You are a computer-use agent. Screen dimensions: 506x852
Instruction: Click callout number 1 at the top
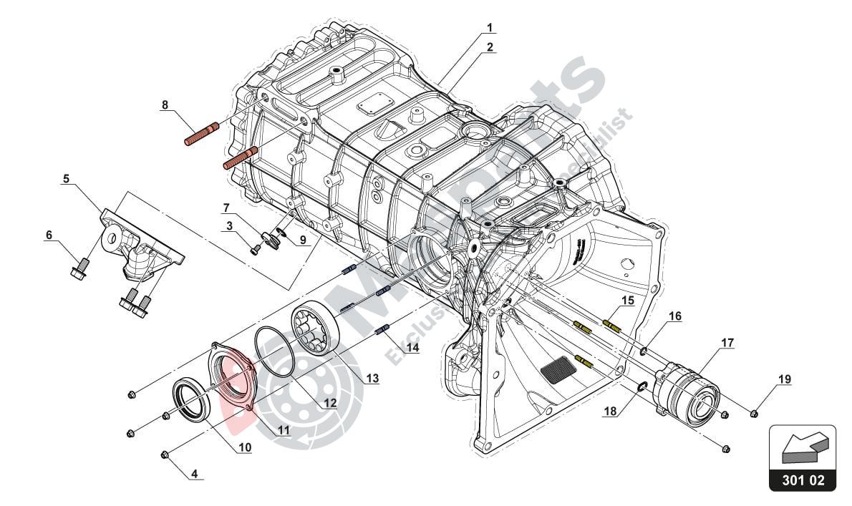point(490,28)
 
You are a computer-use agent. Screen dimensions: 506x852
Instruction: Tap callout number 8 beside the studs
point(165,104)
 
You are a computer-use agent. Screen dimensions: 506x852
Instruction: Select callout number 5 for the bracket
point(66,180)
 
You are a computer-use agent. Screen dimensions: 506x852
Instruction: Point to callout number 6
point(49,235)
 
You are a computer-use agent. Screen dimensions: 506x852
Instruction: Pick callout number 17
point(727,343)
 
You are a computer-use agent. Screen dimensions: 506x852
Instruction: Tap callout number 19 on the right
point(785,379)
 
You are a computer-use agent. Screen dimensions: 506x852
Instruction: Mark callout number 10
point(245,448)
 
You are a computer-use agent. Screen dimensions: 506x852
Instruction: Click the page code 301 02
point(803,480)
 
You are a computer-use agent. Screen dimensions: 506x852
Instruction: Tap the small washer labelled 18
point(642,387)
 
